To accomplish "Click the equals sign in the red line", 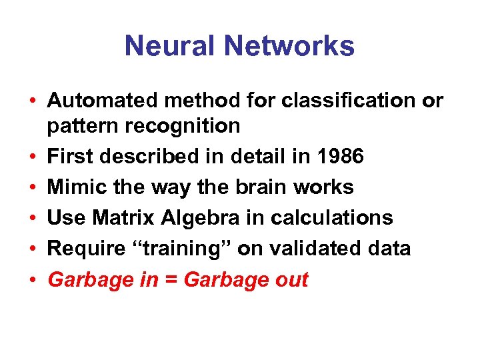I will tap(170, 280).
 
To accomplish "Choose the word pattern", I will tap(80, 126).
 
